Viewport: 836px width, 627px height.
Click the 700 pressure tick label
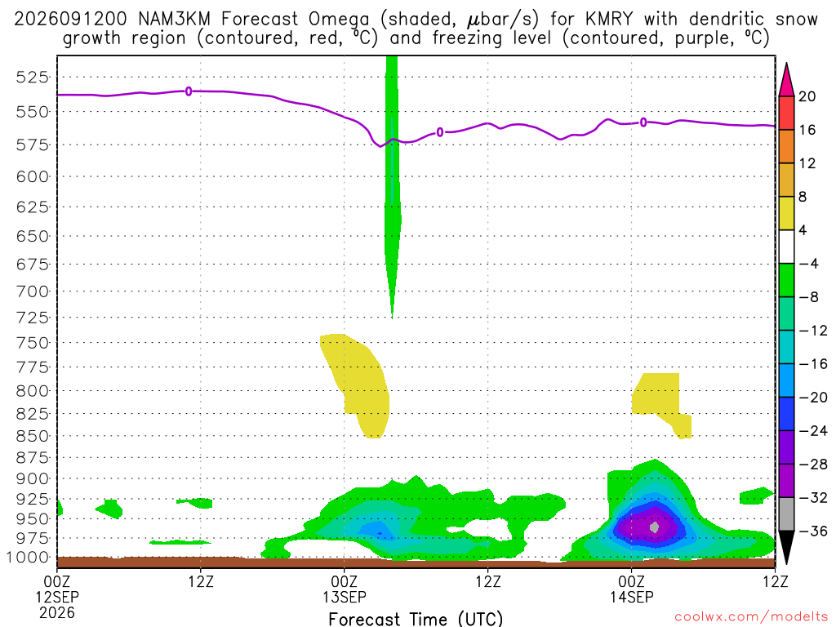pyautogui.click(x=32, y=291)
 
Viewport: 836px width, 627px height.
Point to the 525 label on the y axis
pyautogui.click(x=32, y=78)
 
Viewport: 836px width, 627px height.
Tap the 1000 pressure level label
pyautogui.click(x=28, y=558)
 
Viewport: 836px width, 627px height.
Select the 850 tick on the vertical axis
pyautogui.click(x=32, y=436)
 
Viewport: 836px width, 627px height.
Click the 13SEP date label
pyautogui.click(x=345, y=597)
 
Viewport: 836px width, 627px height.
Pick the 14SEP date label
pyautogui.click(x=632, y=597)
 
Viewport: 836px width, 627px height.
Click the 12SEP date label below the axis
pyautogui.click(x=57, y=597)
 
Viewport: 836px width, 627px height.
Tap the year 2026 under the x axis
pyautogui.click(x=57, y=613)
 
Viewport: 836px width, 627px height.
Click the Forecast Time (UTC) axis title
pyautogui.click(x=416, y=619)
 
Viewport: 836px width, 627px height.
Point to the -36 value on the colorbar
pyautogui.click(x=813, y=531)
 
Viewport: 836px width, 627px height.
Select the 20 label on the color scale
pyautogui.click(x=807, y=96)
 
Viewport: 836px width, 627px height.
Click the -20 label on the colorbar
pyautogui.click(x=813, y=398)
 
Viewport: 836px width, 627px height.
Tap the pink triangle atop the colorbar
pyautogui.click(x=786, y=81)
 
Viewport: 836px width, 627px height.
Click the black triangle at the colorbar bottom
pyautogui.click(x=786, y=546)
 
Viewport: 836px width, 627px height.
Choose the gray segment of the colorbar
pyautogui.click(x=786, y=514)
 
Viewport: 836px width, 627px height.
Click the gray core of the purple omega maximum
pyautogui.click(x=655, y=527)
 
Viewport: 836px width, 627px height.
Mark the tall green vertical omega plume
pyautogui.click(x=393, y=187)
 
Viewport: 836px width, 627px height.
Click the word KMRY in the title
pyautogui.click(x=608, y=20)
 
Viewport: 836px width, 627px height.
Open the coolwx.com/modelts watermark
pyautogui.click(x=751, y=617)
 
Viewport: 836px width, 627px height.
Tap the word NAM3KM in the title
pyautogui.click(x=174, y=20)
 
